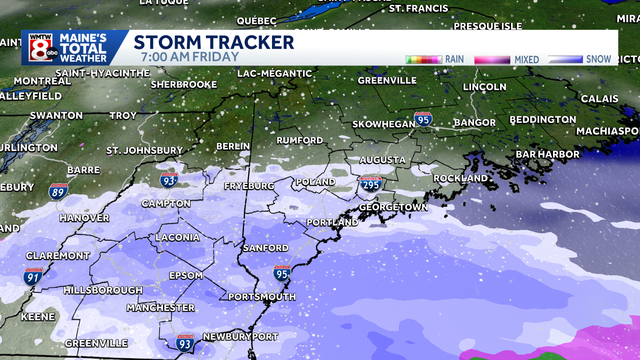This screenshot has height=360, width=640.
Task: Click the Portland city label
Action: coord(332,222)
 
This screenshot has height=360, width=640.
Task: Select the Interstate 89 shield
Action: coord(58,192)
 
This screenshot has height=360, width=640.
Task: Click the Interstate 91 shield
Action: coord(33,277)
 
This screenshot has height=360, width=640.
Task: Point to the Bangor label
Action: coord(475,123)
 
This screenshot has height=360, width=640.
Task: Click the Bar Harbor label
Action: coord(547,154)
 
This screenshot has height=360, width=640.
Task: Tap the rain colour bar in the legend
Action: coord(423,60)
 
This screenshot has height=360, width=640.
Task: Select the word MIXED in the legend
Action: coord(527,60)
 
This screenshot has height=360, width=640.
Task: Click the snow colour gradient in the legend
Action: coord(565,59)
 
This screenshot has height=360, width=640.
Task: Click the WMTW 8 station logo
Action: coord(41,48)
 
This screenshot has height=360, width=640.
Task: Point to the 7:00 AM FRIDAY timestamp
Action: coord(190,57)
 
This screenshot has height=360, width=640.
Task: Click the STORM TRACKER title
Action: coord(214,42)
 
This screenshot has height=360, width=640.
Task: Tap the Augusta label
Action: coord(382,160)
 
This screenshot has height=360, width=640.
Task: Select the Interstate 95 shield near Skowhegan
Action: coord(423,119)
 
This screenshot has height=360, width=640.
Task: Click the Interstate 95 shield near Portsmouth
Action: coord(282,274)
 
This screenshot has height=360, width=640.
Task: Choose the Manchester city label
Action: coord(160,308)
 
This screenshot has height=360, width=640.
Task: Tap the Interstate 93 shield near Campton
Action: coord(169,181)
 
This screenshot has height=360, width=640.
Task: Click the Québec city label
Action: coord(256,21)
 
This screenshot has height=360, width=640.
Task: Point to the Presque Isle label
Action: coord(487,26)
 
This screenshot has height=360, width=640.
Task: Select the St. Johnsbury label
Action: coord(145,151)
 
